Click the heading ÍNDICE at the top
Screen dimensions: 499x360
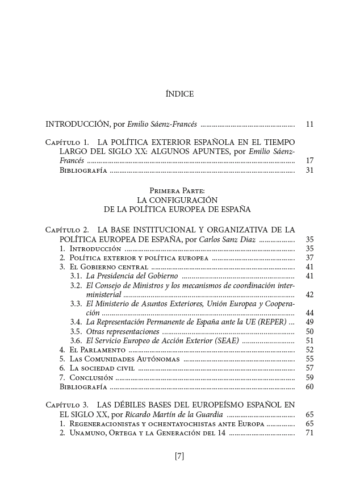(179, 94)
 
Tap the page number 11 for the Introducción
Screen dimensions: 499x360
(309, 124)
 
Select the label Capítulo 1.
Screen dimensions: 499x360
(67, 141)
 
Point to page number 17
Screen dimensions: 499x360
(309, 160)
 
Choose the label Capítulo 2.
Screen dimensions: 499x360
(67, 230)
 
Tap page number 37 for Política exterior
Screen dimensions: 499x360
(309, 257)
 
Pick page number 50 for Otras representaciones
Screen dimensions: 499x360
(309, 331)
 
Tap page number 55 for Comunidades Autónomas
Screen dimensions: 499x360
(309, 359)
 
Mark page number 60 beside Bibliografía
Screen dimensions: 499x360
(309, 386)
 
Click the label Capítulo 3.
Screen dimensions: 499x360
(67, 405)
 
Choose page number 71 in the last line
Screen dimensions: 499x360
(309, 433)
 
